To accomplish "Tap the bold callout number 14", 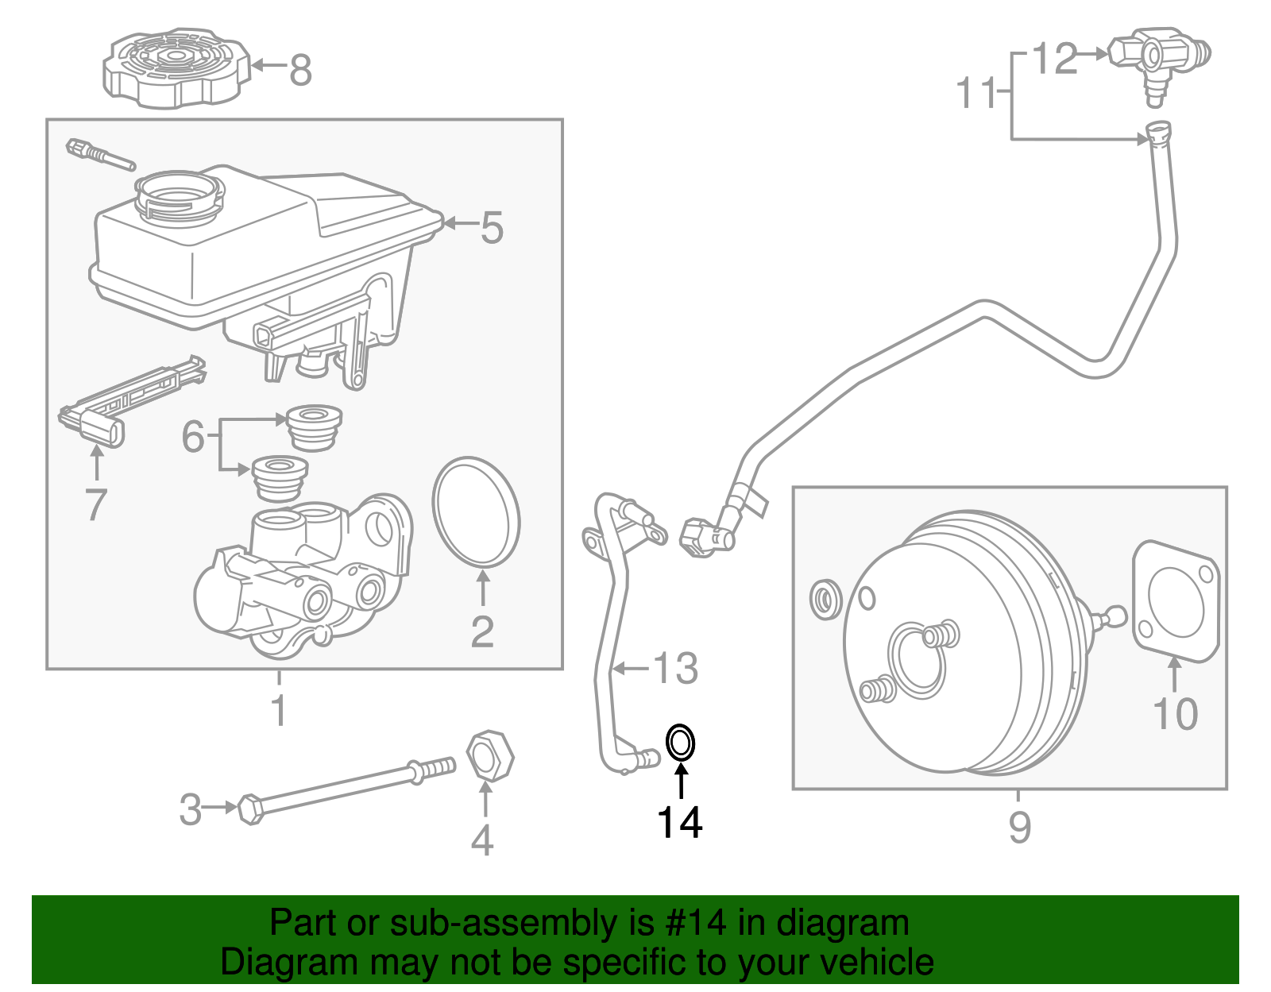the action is (x=680, y=823).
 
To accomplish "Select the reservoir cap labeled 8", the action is (x=176, y=68).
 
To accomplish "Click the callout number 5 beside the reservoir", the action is (x=491, y=227).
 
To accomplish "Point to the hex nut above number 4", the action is (x=489, y=756).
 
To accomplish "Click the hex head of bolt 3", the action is (x=251, y=809).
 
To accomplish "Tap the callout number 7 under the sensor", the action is (x=96, y=504).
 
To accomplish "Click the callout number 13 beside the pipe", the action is (x=675, y=668).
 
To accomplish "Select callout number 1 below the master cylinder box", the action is (x=280, y=710).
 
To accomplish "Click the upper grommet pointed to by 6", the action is (x=315, y=428).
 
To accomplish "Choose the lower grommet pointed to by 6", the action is (x=280, y=478).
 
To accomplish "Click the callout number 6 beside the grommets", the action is (x=193, y=436).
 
